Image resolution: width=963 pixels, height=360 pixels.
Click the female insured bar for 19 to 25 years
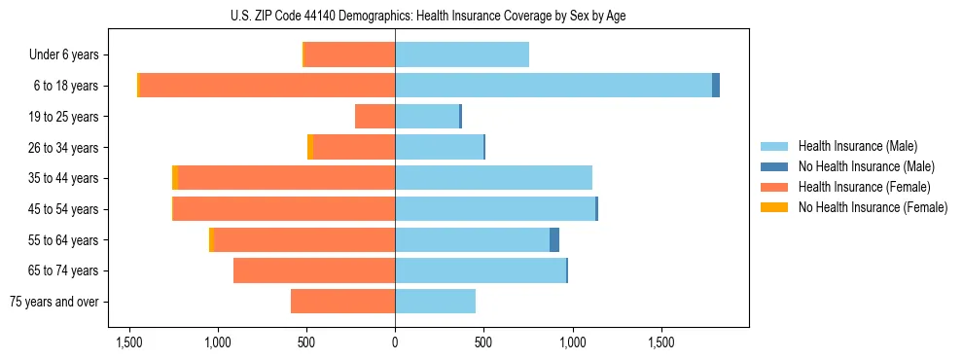click(x=374, y=117)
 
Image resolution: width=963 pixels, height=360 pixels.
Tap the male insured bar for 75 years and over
click(x=435, y=302)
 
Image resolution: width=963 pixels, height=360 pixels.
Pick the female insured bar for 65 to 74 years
click(x=314, y=270)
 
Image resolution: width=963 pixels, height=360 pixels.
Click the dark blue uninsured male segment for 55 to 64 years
click(x=554, y=240)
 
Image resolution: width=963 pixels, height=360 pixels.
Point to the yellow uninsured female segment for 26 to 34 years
click(x=310, y=147)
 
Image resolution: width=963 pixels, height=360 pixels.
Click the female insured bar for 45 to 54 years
click(x=284, y=209)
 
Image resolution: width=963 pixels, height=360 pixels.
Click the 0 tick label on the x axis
click(x=395, y=342)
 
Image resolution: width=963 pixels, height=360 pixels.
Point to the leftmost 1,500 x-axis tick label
click(x=128, y=342)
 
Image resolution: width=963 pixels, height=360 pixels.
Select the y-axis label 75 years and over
click(x=54, y=302)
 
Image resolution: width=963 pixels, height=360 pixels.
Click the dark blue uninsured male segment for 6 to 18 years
click(x=716, y=86)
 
